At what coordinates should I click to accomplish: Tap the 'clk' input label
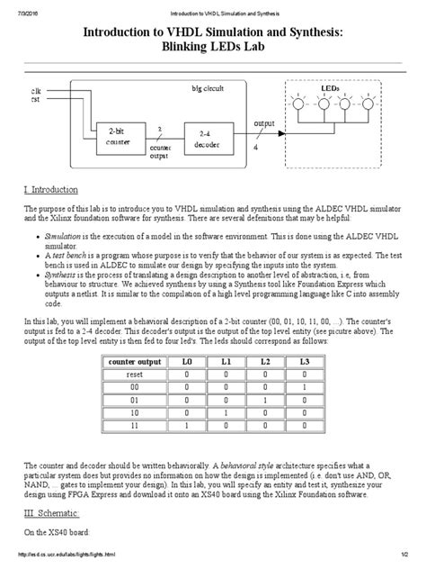[36, 91]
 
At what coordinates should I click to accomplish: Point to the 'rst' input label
[36, 99]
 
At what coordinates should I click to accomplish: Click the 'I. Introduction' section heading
[57, 190]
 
